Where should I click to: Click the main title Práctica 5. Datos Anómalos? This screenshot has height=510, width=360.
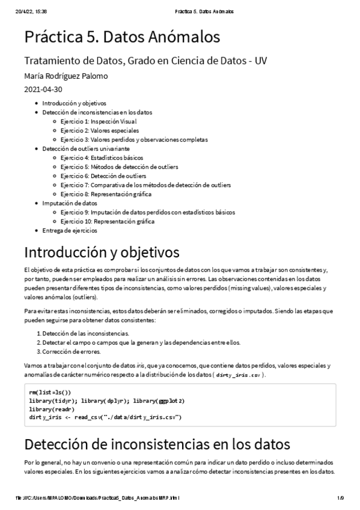[122, 37]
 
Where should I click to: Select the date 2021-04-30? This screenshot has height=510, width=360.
[43, 90]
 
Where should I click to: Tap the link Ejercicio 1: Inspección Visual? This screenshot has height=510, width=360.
[99, 121]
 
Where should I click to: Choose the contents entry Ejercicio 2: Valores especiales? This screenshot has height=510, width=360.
[99, 131]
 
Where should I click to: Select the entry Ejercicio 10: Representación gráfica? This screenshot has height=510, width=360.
[107, 221]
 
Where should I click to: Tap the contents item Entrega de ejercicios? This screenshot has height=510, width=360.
[69, 230]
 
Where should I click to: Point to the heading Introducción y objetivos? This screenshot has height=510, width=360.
[102, 251]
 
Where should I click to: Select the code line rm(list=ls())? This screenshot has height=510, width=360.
[49, 392]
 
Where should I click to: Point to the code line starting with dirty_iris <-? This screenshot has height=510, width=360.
[105, 417]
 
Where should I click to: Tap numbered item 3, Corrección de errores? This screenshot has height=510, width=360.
[72, 351]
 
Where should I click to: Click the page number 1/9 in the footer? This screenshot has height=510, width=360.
[340, 498]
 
